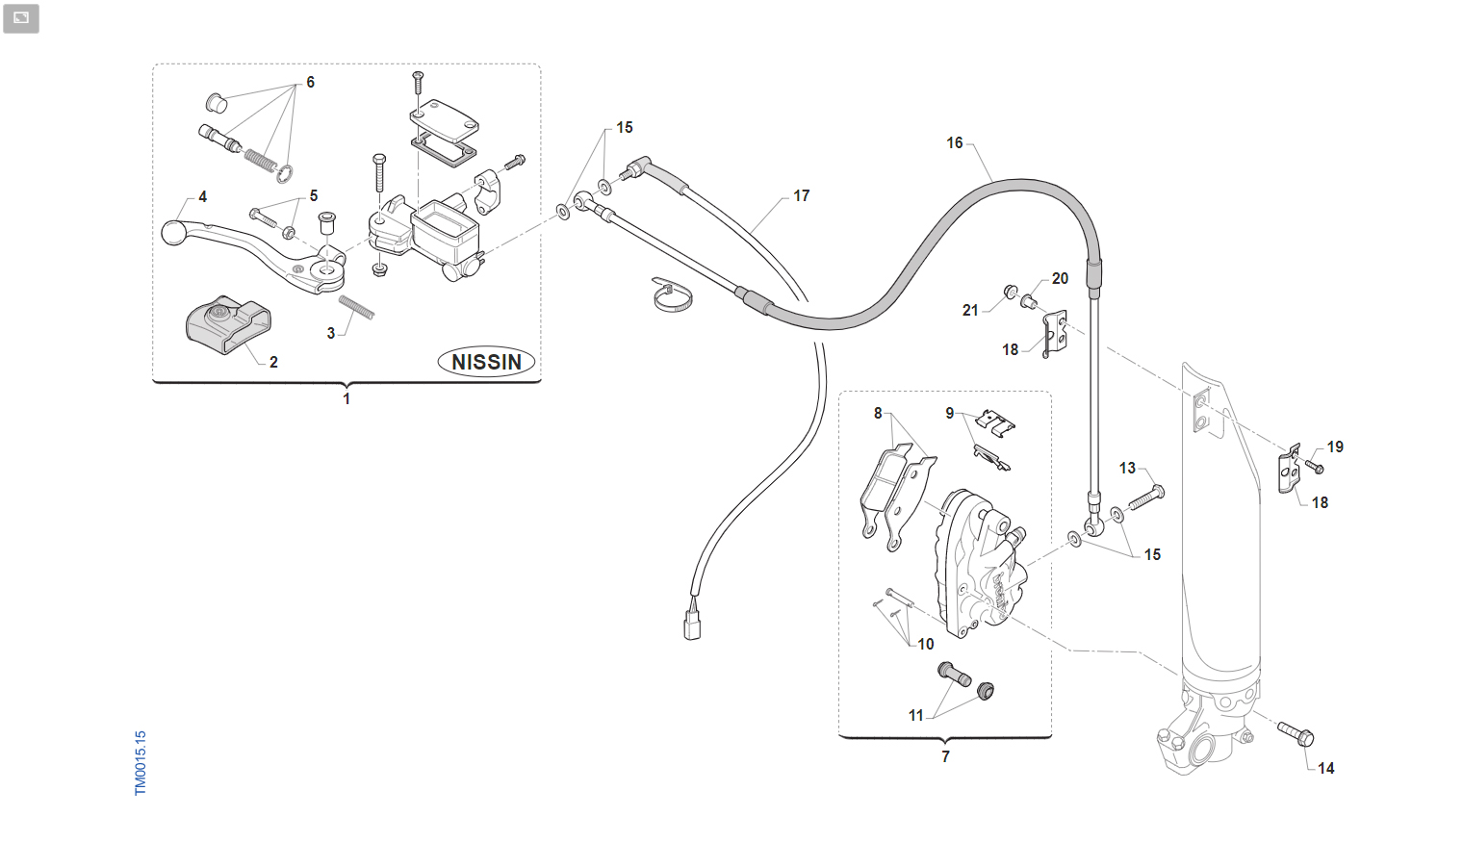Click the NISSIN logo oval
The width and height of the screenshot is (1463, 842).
tap(486, 362)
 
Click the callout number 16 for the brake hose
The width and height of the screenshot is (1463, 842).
tap(954, 142)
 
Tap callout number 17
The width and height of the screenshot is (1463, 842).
tap(802, 196)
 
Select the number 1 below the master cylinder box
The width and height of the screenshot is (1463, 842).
tap(346, 398)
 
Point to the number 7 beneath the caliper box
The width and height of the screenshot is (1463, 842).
tap(945, 756)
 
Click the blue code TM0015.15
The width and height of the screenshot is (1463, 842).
tap(141, 763)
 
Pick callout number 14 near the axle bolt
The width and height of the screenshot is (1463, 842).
tap(1325, 768)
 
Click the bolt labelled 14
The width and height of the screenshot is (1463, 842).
tap(1296, 735)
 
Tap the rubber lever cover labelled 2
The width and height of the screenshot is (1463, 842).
tap(228, 324)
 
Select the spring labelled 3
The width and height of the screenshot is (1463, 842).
tap(356, 307)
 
